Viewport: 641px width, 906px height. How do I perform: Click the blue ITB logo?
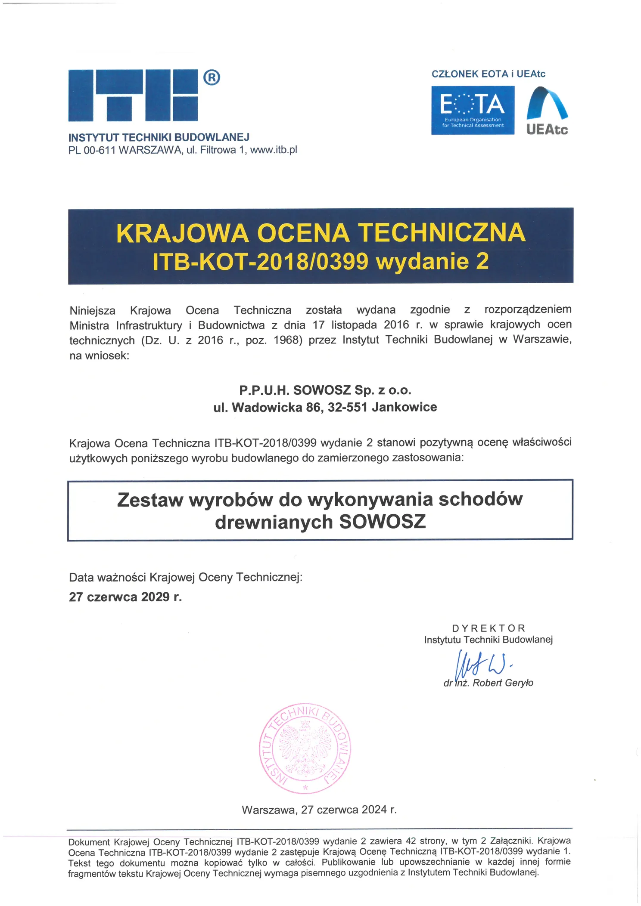133,95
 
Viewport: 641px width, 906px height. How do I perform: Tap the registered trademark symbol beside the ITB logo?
211,77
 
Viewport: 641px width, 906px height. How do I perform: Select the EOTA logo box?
473,110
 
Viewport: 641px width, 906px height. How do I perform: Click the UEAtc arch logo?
547,110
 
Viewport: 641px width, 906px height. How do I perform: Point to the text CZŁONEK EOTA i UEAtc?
488,74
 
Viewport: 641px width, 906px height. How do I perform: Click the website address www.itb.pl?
274,150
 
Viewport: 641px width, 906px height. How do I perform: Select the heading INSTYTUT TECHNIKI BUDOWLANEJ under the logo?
159,137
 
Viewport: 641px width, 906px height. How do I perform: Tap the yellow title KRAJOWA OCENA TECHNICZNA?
320,233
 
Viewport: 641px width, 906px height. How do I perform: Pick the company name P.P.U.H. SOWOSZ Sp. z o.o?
325,390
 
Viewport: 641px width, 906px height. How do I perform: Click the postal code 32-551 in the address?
347,407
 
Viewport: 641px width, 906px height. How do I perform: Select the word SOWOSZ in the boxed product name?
383,522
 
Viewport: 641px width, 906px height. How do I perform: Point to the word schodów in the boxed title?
480,499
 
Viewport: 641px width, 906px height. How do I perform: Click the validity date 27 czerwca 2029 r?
125,597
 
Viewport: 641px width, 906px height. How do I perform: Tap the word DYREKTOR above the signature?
489,628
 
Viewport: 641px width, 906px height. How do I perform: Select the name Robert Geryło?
503,683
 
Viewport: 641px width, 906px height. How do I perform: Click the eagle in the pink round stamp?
305,749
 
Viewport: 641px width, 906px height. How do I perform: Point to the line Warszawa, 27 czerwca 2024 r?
319,810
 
